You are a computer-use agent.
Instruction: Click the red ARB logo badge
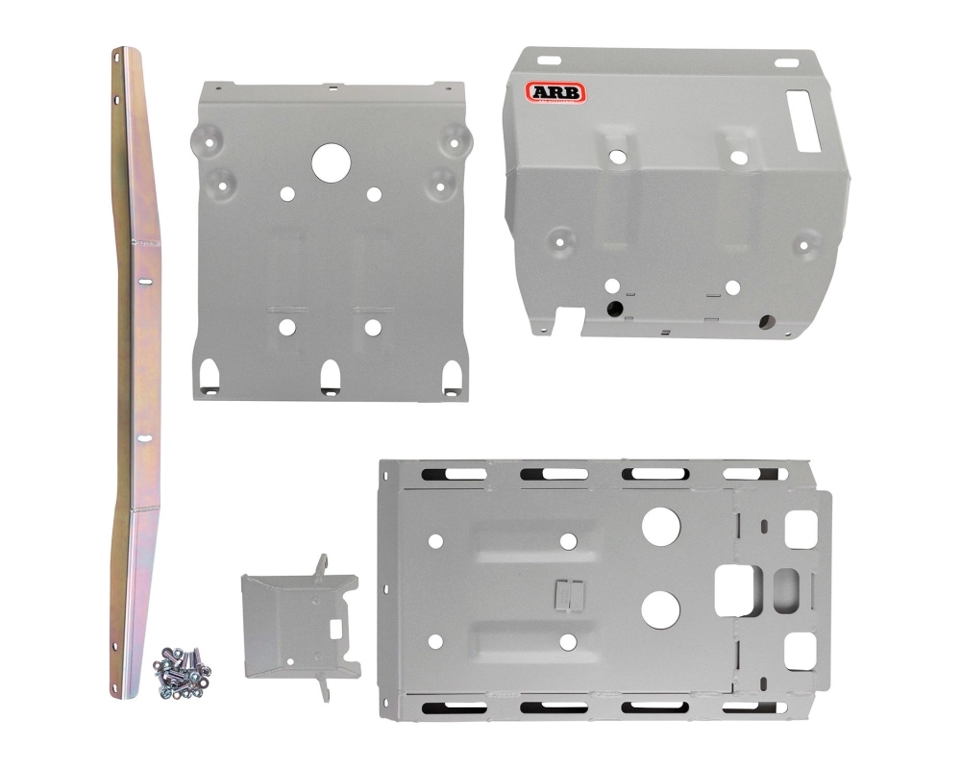pyautogui.click(x=555, y=93)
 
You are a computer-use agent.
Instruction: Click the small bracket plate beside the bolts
pyautogui.click(x=300, y=626)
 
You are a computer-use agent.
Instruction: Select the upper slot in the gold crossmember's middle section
pyautogui.click(x=145, y=281)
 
